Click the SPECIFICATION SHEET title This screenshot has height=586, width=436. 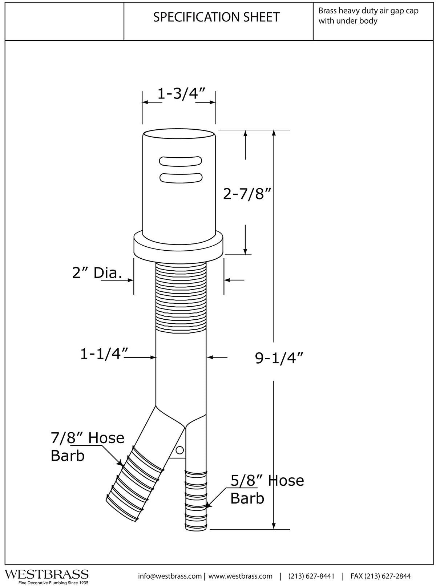point(216,17)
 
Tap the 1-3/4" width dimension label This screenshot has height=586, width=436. point(181,93)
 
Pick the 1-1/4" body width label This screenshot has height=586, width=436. point(104,353)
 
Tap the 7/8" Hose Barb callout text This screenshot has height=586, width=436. point(87,446)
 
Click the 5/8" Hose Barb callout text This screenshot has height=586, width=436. point(267,489)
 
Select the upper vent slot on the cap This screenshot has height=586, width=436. point(181,161)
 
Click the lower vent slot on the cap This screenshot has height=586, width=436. point(181,178)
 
